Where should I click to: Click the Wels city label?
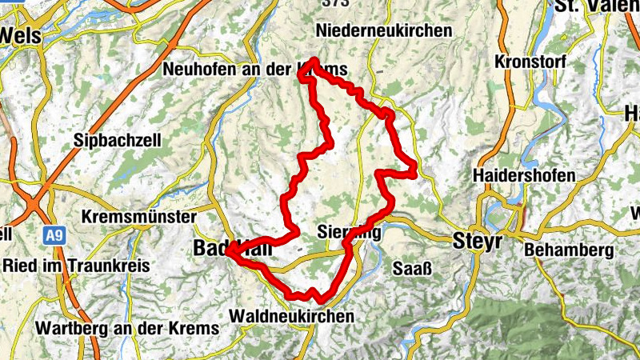coord(19,35)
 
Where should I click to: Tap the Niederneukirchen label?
coord(384,30)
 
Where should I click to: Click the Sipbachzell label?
coord(118,140)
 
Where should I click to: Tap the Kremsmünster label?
coord(139,218)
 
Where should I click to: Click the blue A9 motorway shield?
coord(54,236)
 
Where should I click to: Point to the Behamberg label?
coord(569,250)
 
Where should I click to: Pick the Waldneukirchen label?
coord(291,317)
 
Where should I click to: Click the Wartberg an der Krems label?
coord(127,329)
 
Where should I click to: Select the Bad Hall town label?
coord(232,250)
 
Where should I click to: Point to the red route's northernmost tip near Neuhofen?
coord(314,61)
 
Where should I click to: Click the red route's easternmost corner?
coord(414,168)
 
